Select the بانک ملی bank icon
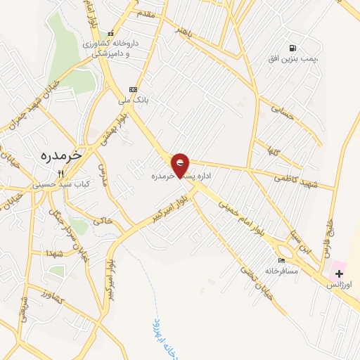click(x=133, y=89)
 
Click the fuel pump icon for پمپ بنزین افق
click(x=291, y=48)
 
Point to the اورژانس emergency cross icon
click(x=339, y=272)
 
